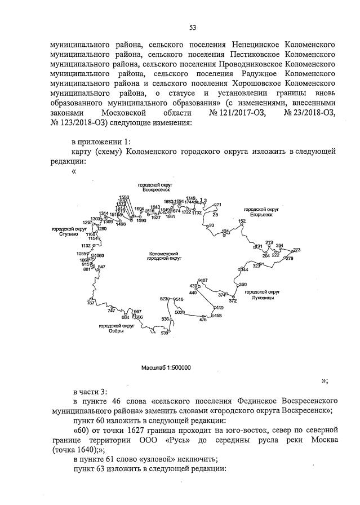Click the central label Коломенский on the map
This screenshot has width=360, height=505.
[163, 255]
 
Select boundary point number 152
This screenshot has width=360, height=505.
[242, 221]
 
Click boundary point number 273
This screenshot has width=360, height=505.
[297, 250]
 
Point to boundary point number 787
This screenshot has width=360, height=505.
[90, 303]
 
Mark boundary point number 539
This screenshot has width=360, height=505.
[165, 334]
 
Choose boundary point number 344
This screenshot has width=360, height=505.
[243, 270]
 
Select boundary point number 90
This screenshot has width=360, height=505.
[211, 225]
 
